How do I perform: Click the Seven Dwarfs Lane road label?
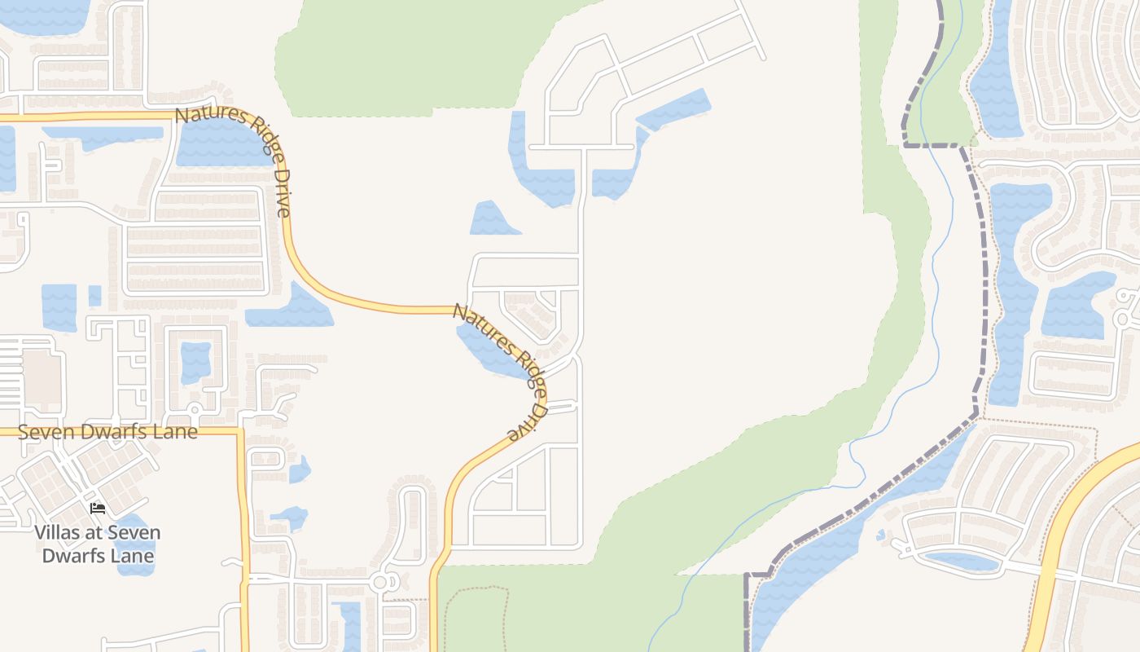coord(107,432)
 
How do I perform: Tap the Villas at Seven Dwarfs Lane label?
coord(98,544)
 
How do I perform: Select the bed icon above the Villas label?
coord(98,509)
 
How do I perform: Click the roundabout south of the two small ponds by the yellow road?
coord(381,583)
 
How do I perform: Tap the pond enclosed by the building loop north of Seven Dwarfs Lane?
coord(195,363)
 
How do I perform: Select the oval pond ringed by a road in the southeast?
coord(962,561)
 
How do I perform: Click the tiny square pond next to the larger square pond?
coord(94,295)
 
